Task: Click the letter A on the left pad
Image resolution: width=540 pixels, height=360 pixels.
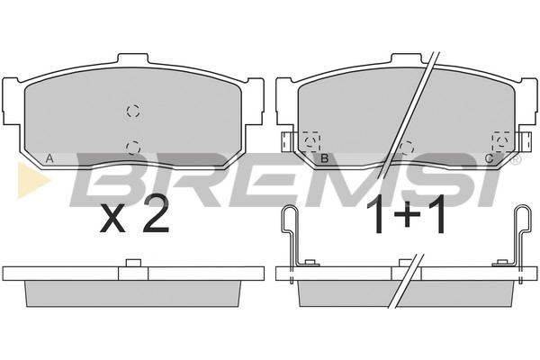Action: [49, 158]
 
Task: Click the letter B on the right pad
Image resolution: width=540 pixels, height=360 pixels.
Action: [324, 158]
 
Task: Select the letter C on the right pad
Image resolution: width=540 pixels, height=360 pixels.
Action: [489, 158]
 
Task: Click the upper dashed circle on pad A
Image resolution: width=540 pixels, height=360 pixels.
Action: [133, 111]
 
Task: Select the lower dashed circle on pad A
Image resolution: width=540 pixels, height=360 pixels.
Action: [133, 148]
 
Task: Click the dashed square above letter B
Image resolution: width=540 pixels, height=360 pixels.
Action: [311, 141]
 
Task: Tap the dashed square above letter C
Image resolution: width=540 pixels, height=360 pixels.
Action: [501, 141]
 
